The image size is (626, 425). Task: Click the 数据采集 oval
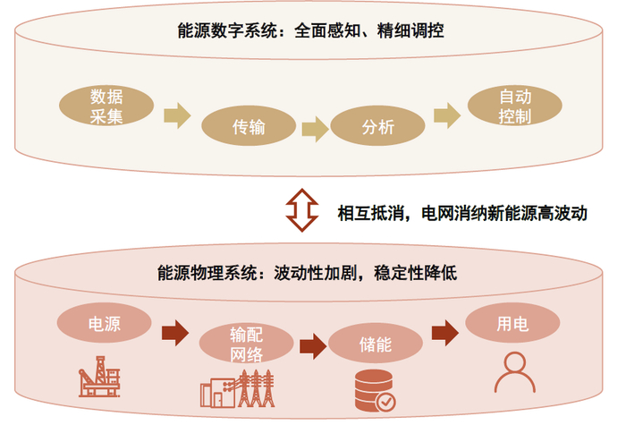tap(106, 106)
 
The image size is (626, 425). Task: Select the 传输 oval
tap(249, 126)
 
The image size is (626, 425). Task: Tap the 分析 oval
tap(377, 126)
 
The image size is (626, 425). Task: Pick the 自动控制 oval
tap(514, 106)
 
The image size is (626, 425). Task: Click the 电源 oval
tap(105, 323)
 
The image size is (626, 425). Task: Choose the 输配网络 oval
tap(246, 343)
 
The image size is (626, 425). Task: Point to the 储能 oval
tap(376, 343)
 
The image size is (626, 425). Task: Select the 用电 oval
tap(512, 323)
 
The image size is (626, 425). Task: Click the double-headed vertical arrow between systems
tap(302, 210)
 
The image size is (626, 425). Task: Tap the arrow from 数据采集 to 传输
tap(177, 115)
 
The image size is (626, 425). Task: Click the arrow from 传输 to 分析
tap(316, 129)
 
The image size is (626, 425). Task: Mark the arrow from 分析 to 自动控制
tap(447, 115)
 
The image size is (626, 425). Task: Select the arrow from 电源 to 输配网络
tap(175, 333)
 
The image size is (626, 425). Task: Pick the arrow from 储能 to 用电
tap(445, 333)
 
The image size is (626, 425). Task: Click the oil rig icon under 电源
tap(99, 377)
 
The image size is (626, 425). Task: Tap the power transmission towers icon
tap(238, 388)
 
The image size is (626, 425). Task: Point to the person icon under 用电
tap(514, 372)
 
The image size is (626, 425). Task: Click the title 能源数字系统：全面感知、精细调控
tap(310, 30)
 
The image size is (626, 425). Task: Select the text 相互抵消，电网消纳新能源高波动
tap(462, 213)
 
